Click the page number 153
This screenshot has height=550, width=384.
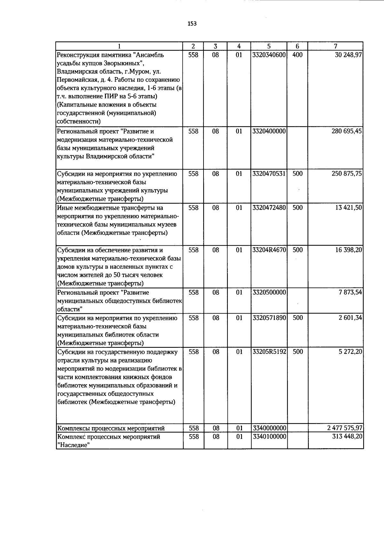[192, 24]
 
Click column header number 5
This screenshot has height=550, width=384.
[269, 46]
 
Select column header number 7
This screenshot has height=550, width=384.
[335, 46]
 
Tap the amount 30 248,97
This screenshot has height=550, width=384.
[348, 55]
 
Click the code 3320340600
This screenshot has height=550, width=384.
[269, 55]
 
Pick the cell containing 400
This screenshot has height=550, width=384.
[297, 55]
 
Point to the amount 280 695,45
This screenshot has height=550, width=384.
[347, 132]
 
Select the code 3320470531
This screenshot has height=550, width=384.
[269, 174]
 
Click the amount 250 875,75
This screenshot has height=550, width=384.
[347, 174]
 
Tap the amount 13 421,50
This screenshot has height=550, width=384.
[348, 208]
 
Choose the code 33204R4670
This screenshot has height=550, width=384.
[269, 250]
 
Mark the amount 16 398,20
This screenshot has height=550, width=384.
[348, 250]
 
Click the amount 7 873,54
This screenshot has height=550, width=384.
[350, 292]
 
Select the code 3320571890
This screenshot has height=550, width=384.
[269, 318]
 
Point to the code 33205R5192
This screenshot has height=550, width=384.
[269, 352]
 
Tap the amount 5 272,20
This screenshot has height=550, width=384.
[350, 352]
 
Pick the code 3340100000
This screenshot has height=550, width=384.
[269, 437]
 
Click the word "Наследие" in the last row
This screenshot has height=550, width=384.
[72, 445]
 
